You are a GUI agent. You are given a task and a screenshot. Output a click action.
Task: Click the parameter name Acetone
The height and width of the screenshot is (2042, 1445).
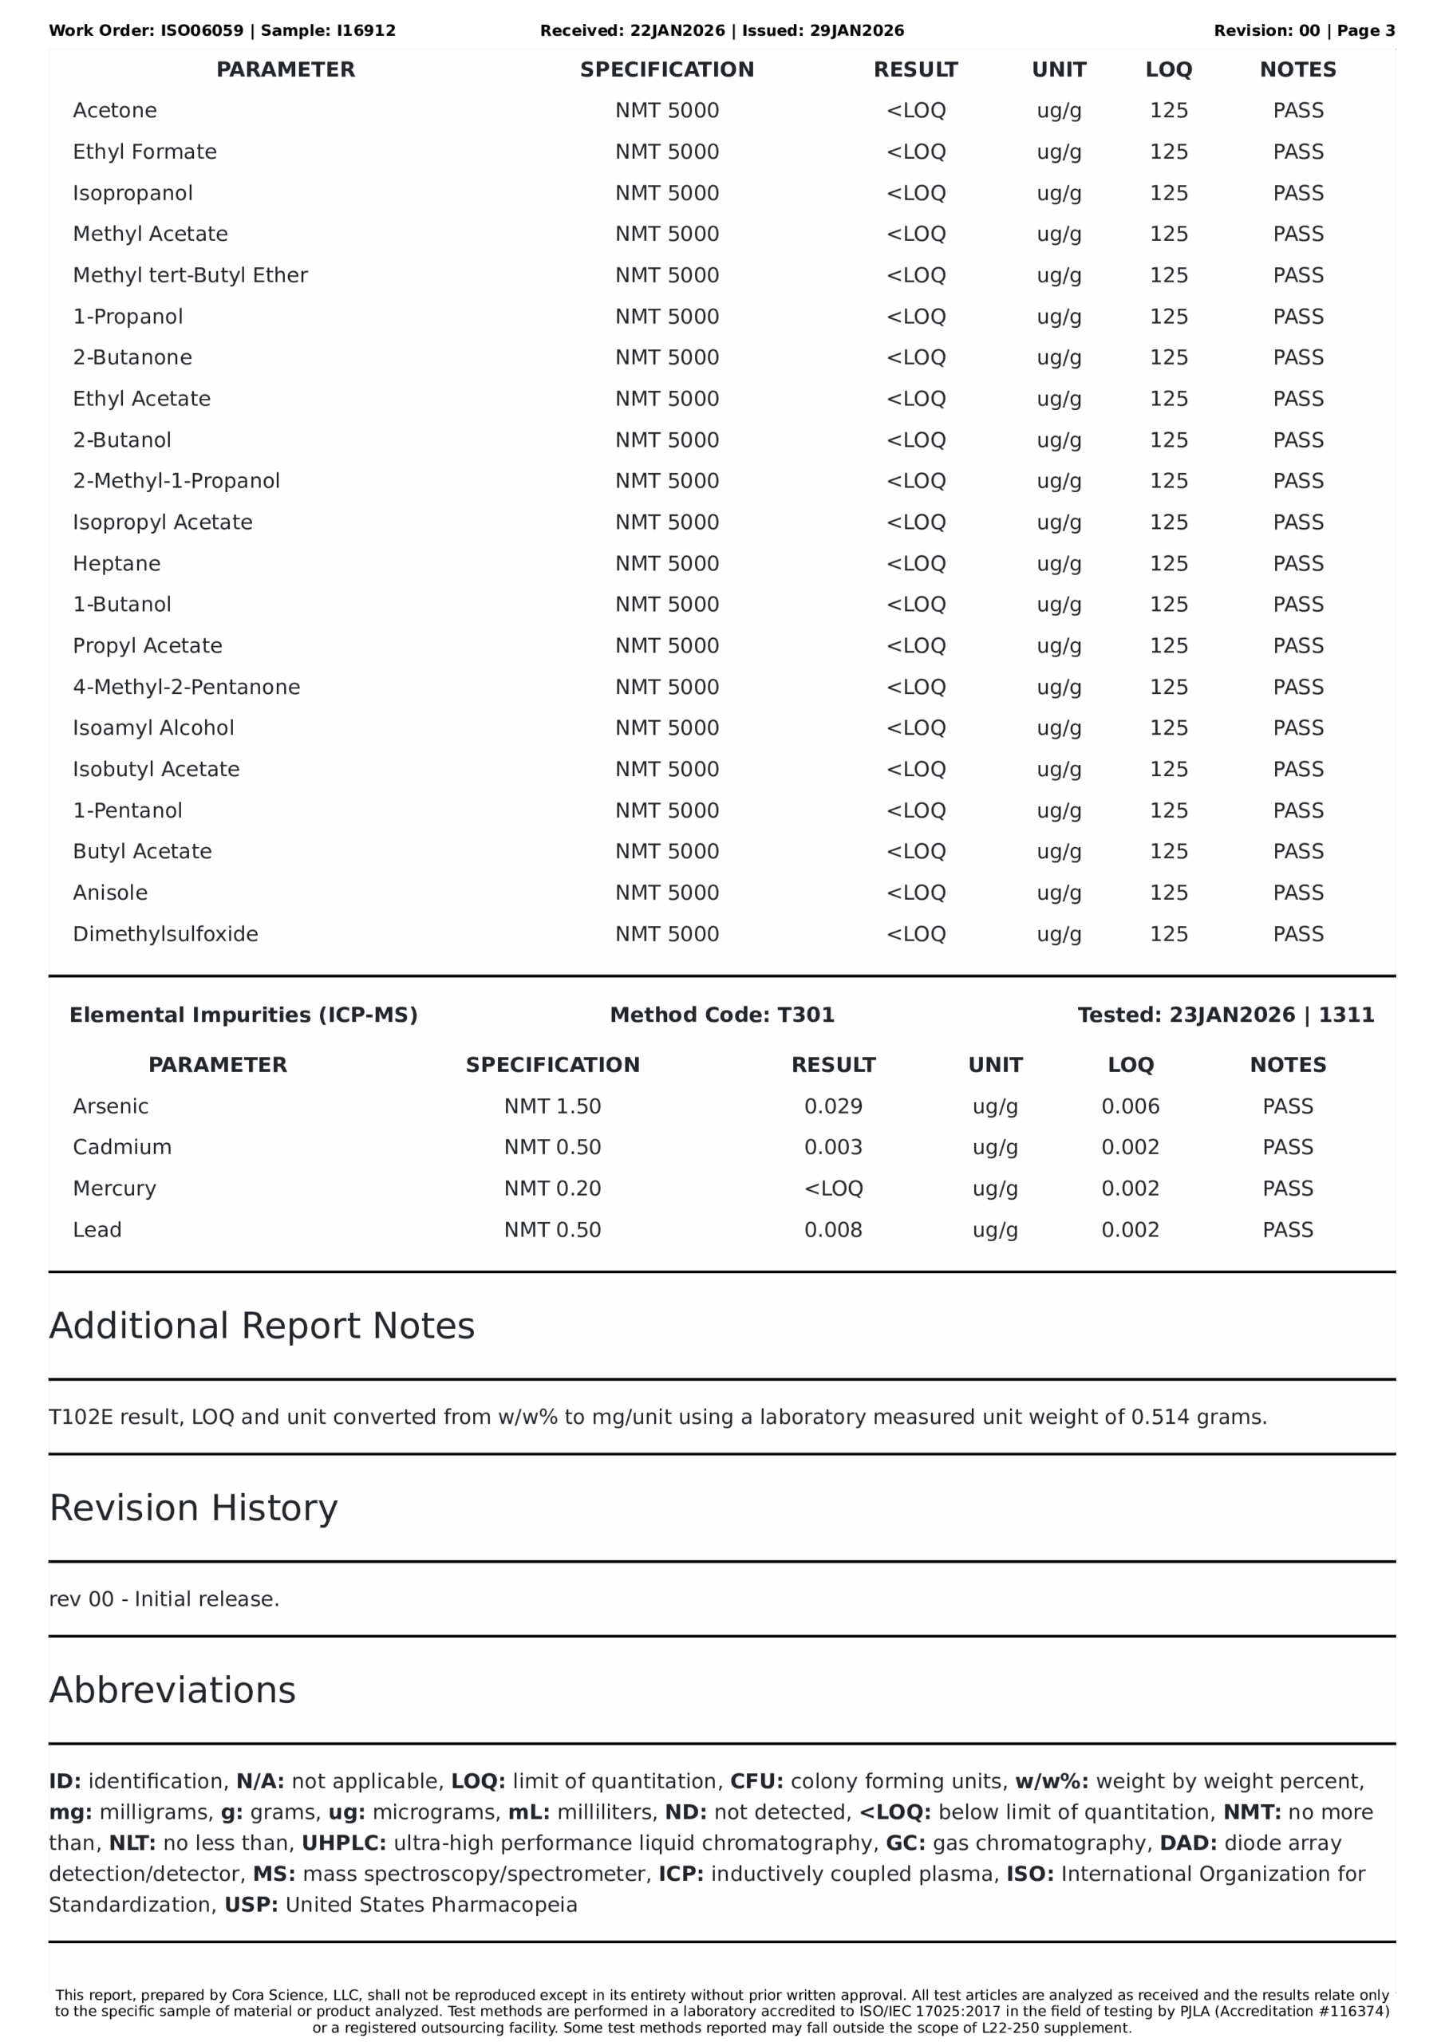point(115,110)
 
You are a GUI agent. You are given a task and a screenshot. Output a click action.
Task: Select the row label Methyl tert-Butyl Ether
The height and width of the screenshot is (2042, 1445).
point(190,275)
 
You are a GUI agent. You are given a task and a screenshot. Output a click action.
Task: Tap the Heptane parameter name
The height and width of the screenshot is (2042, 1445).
point(116,563)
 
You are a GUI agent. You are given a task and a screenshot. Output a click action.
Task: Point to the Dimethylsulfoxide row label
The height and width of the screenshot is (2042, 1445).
point(165,934)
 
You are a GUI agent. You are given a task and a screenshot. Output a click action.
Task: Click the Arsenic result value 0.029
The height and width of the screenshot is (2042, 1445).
point(833,1106)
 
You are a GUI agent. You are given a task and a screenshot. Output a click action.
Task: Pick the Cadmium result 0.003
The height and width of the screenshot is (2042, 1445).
point(833,1147)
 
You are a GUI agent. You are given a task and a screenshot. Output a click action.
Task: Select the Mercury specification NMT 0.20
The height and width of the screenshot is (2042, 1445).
point(553,1189)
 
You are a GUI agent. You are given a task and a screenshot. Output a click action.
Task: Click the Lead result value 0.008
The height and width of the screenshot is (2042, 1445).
point(833,1230)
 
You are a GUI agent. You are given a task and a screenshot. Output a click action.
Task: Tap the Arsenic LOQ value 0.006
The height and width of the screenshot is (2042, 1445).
point(1130,1106)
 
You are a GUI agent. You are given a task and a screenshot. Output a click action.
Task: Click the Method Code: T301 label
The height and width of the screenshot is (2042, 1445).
point(721,1015)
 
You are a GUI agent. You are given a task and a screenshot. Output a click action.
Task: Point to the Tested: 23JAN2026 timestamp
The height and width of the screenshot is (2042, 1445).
point(1226,1015)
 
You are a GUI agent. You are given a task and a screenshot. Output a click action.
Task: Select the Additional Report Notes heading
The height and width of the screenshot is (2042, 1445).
point(262,1326)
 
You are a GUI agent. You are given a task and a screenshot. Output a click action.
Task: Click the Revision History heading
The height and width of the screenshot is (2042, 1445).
point(193,1508)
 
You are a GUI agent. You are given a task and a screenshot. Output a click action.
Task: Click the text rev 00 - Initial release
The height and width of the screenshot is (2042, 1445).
point(164,1599)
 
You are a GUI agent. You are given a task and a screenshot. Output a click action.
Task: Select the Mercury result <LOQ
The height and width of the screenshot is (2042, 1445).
point(833,1189)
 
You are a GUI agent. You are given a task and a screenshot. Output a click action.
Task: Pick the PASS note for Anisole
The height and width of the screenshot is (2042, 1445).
point(1297,893)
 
